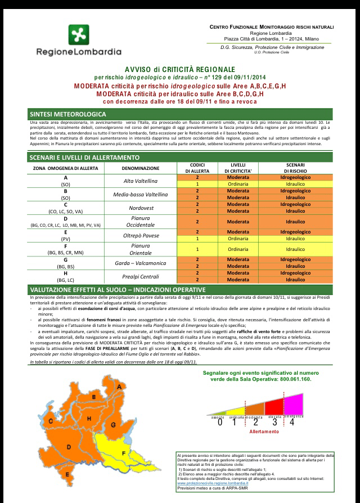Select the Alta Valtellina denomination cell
click(141, 181)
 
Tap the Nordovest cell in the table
click(141, 208)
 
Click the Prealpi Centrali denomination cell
click(141, 276)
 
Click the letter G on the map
click(112, 424)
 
